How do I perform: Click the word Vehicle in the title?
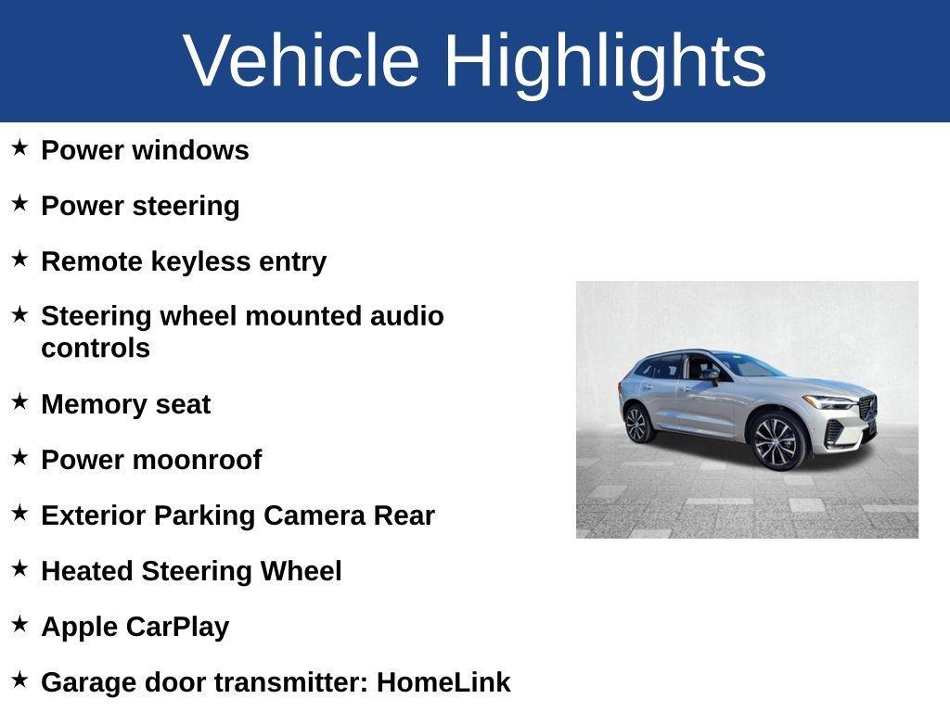[x=302, y=60]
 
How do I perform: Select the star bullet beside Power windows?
[x=19, y=147]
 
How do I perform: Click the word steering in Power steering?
[x=186, y=207]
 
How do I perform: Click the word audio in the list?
[x=406, y=316]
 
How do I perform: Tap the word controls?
[x=96, y=349]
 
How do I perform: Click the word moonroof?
[x=198, y=460]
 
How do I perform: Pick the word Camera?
[x=315, y=515]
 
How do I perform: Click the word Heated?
[x=87, y=571]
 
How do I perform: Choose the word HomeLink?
[x=443, y=682]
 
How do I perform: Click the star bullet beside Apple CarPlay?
[x=19, y=624]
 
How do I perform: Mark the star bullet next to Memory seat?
[x=19, y=400]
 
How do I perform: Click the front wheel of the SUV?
[x=777, y=441]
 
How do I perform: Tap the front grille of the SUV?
[x=867, y=408]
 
